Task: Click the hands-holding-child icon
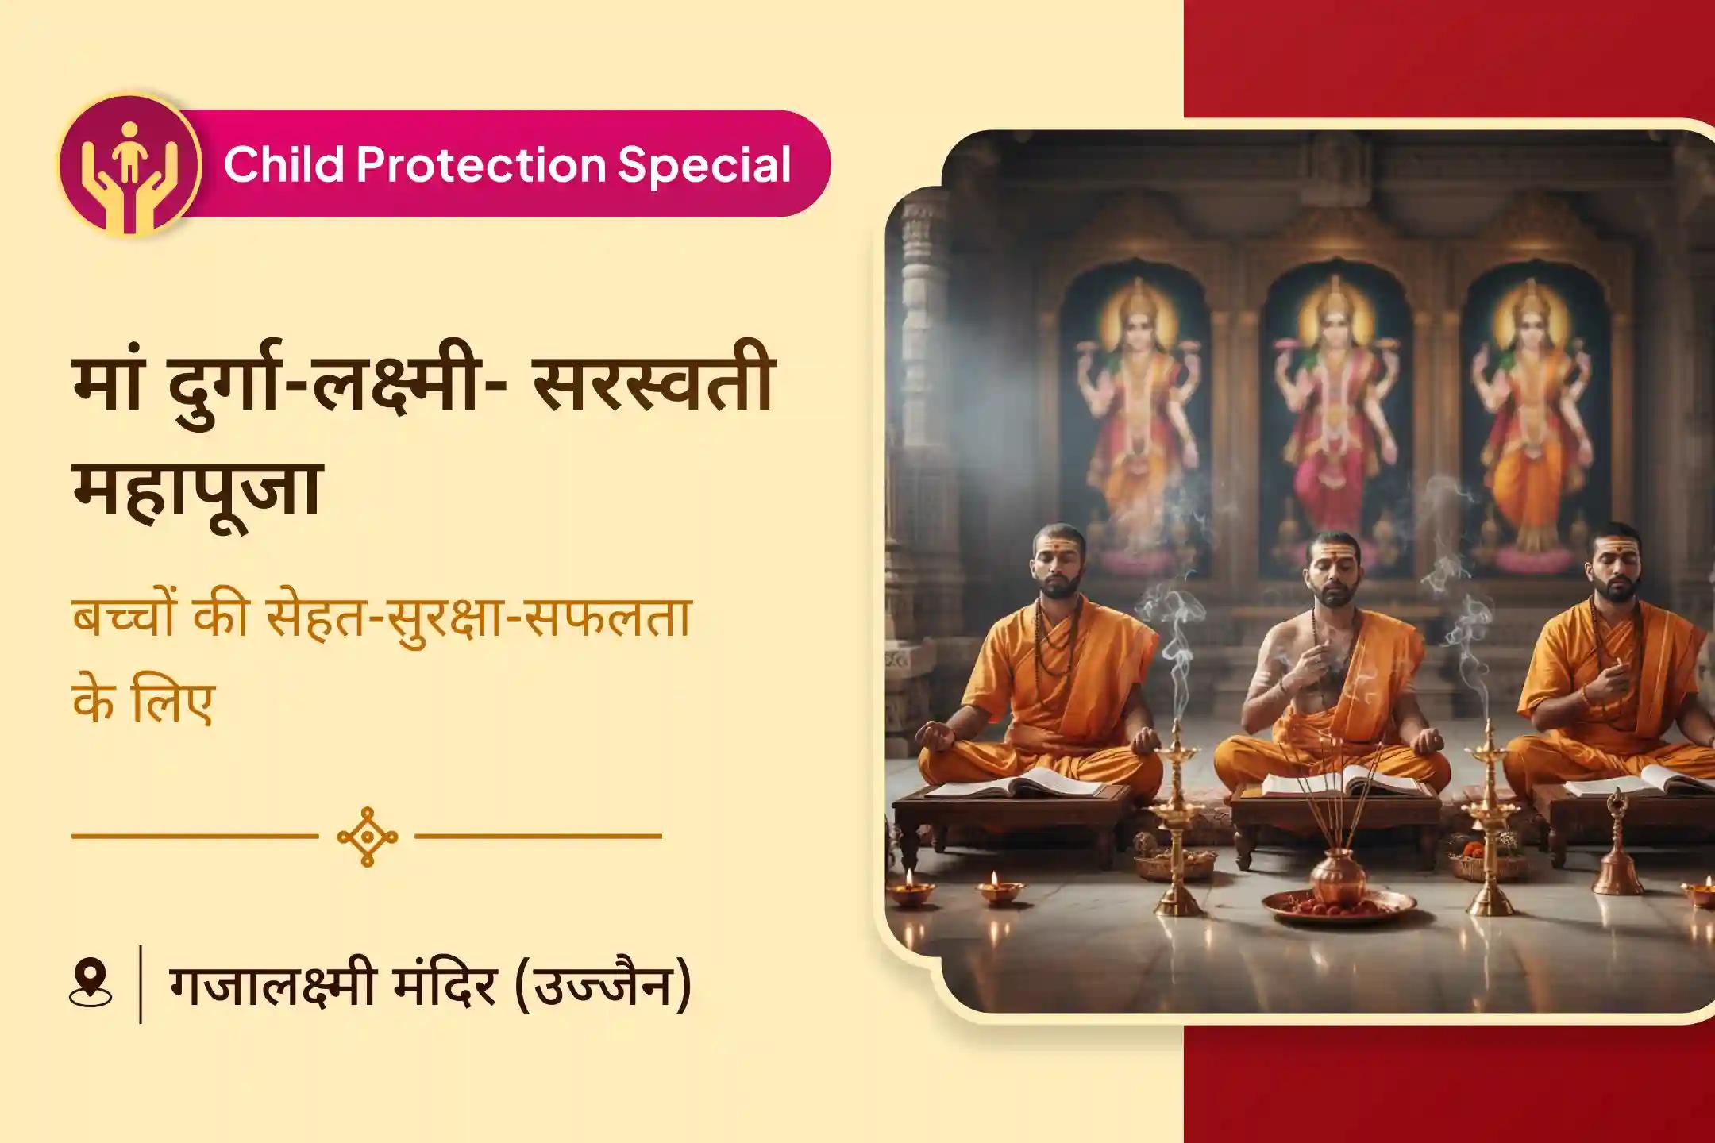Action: (129, 165)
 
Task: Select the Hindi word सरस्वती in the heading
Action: (653, 387)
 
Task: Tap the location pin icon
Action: (91, 984)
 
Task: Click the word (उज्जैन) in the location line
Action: (603, 984)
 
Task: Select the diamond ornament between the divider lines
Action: (367, 836)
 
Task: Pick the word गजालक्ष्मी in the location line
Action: (270, 984)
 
